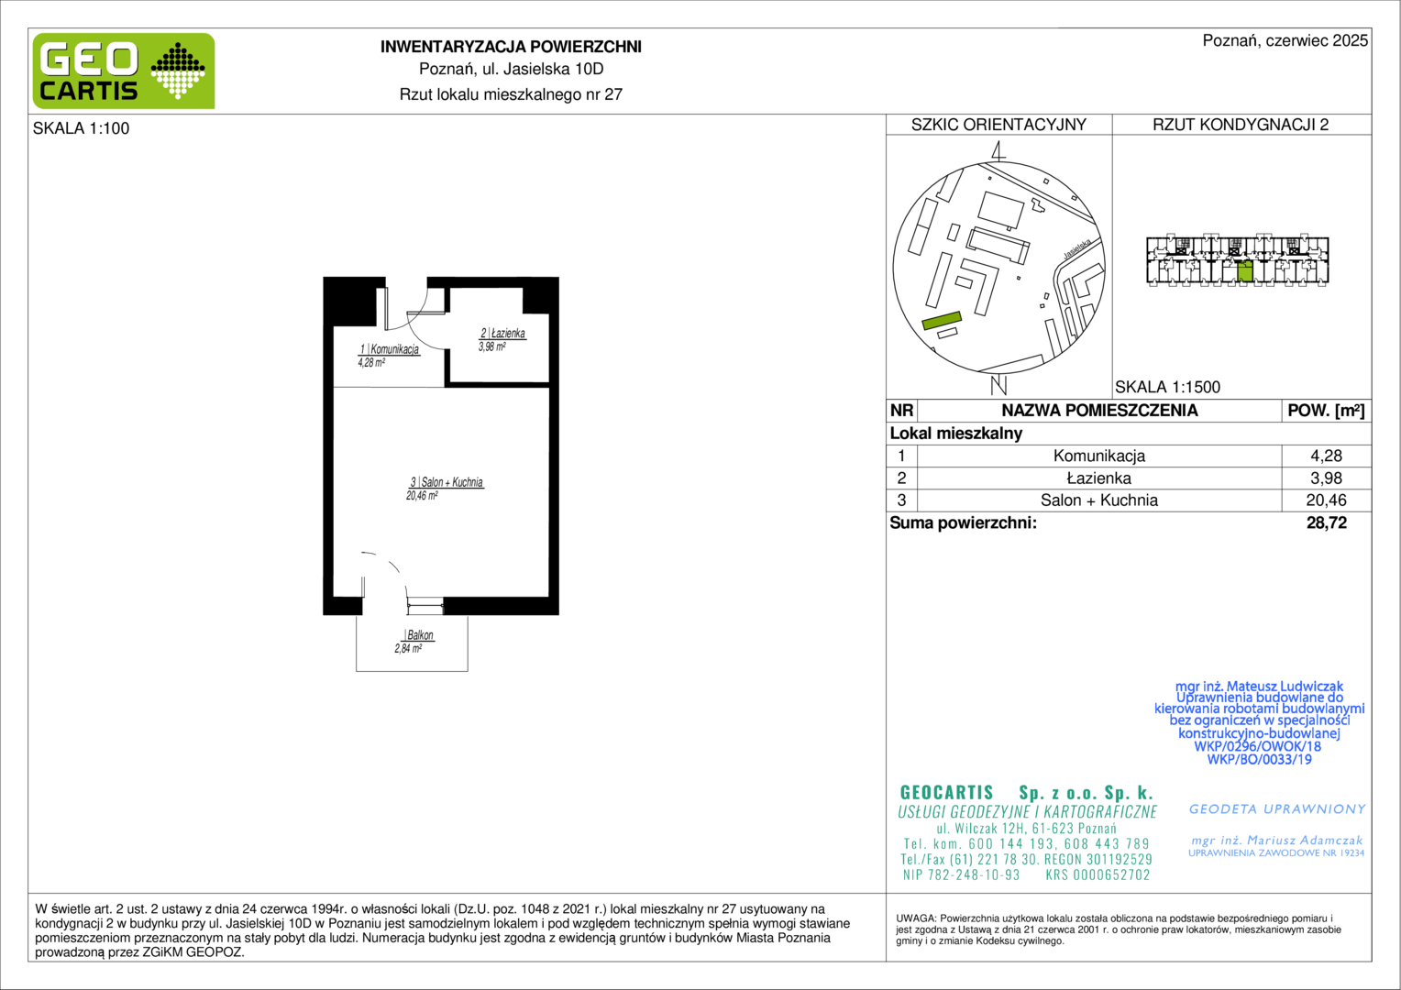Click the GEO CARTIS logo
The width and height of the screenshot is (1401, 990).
click(x=124, y=71)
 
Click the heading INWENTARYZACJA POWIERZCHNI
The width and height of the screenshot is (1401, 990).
click(x=511, y=47)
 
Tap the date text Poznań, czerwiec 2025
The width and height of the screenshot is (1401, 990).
click(x=1285, y=40)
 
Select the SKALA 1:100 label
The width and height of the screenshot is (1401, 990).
click(x=82, y=128)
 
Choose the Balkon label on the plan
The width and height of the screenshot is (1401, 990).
click(x=420, y=634)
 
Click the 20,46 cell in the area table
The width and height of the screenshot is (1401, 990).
click(x=1326, y=500)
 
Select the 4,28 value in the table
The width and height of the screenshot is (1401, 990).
click(x=1326, y=456)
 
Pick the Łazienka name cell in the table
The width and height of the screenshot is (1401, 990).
click(x=1099, y=478)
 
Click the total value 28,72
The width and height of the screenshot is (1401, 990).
click(x=1327, y=522)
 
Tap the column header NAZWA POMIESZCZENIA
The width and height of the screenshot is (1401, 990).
click(x=1099, y=411)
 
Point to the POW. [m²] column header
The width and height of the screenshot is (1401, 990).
click(x=1326, y=411)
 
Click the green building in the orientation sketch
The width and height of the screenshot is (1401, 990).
click(x=942, y=320)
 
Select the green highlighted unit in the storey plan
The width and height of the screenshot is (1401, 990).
click(x=1244, y=271)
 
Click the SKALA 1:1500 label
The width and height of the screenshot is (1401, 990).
click(x=1167, y=387)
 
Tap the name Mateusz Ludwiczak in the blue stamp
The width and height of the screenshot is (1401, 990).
click(x=1285, y=686)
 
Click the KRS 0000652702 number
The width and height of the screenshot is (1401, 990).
click(x=1098, y=874)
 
